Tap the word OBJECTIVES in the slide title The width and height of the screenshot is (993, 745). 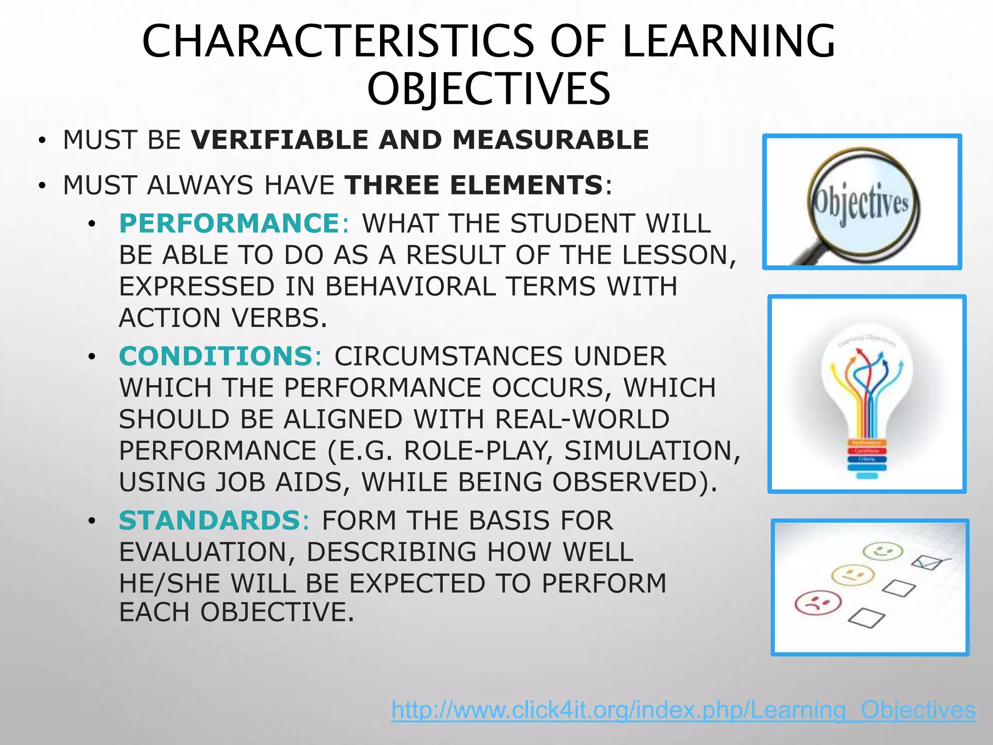point(488,89)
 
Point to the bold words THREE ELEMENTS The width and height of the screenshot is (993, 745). point(474,185)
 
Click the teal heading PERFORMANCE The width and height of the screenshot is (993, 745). point(230,224)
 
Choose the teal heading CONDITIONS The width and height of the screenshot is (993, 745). point(216,356)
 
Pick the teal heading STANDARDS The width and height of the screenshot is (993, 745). point(210,521)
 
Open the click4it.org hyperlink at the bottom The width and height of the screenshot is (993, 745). point(683,710)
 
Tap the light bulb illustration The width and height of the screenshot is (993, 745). point(867,395)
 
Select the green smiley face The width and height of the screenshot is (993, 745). point(883,551)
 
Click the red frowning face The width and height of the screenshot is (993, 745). point(818,603)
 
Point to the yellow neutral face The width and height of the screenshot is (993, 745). point(852,575)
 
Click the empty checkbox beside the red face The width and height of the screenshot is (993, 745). point(866,618)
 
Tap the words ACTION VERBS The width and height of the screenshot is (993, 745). point(223,319)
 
